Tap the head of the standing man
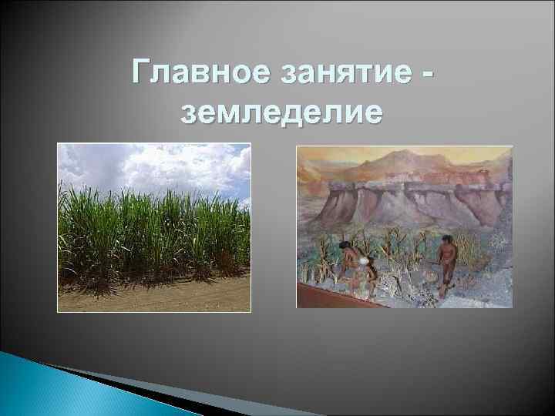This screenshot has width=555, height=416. (x=447, y=240)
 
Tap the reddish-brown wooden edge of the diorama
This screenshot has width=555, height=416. (x=339, y=297)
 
